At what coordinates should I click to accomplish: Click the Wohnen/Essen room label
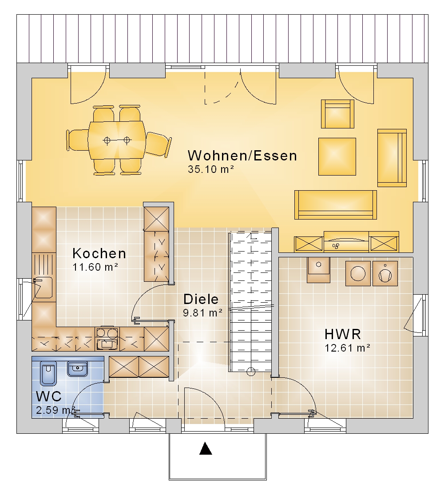click(242, 156)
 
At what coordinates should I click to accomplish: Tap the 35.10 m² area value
click(211, 169)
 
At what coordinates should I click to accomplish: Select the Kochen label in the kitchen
click(99, 254)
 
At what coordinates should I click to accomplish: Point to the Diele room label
click(201, 299)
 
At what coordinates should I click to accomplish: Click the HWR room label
click(343, 334)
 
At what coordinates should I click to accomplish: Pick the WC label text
click(49, 396)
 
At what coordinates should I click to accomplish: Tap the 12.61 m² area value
click(347, 348)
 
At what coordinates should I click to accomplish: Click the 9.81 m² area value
click(202, 312)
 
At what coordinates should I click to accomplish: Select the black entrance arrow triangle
click(206, 448)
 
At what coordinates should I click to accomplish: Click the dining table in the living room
click(117, 140)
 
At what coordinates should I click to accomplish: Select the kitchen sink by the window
click(43, 288)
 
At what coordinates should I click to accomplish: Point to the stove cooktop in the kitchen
click(107, 338)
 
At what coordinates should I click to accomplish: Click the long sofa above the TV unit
click(336, 205)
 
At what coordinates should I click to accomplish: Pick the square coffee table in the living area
click(337, 156)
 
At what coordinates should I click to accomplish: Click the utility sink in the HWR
click(318, 269)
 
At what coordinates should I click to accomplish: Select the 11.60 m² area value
click(95, 267)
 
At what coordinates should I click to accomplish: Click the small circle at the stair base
click(250, 372)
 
